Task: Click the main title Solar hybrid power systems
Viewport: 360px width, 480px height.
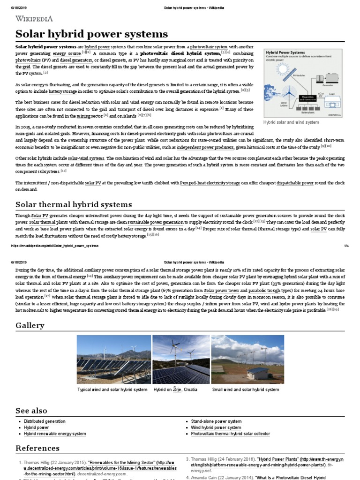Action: coord(91,34)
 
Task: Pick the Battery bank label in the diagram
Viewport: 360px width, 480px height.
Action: coord(307,112)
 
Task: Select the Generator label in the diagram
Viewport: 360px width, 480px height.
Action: coord(328,86)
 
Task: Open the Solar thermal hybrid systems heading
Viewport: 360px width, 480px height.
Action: coord(74,204)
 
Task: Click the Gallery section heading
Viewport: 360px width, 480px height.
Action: coord(30,325)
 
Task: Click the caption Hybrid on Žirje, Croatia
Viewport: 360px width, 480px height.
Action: coord(175,390)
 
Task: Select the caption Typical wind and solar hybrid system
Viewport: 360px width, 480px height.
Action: coord(112,390)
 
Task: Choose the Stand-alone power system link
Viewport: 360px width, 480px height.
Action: coord(216,421)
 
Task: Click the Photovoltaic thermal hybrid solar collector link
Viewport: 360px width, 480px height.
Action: coord(230,434)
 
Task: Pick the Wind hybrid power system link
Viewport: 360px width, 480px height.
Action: coord(216,427)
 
